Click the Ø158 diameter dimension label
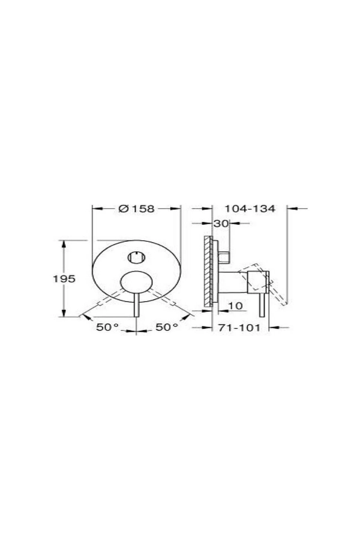[x=136, y=208]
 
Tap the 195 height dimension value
[x=64, y=279]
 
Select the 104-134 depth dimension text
[x=250, y=208]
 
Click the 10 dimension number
[x=235, y=306]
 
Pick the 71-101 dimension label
[x=239, y=328]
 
